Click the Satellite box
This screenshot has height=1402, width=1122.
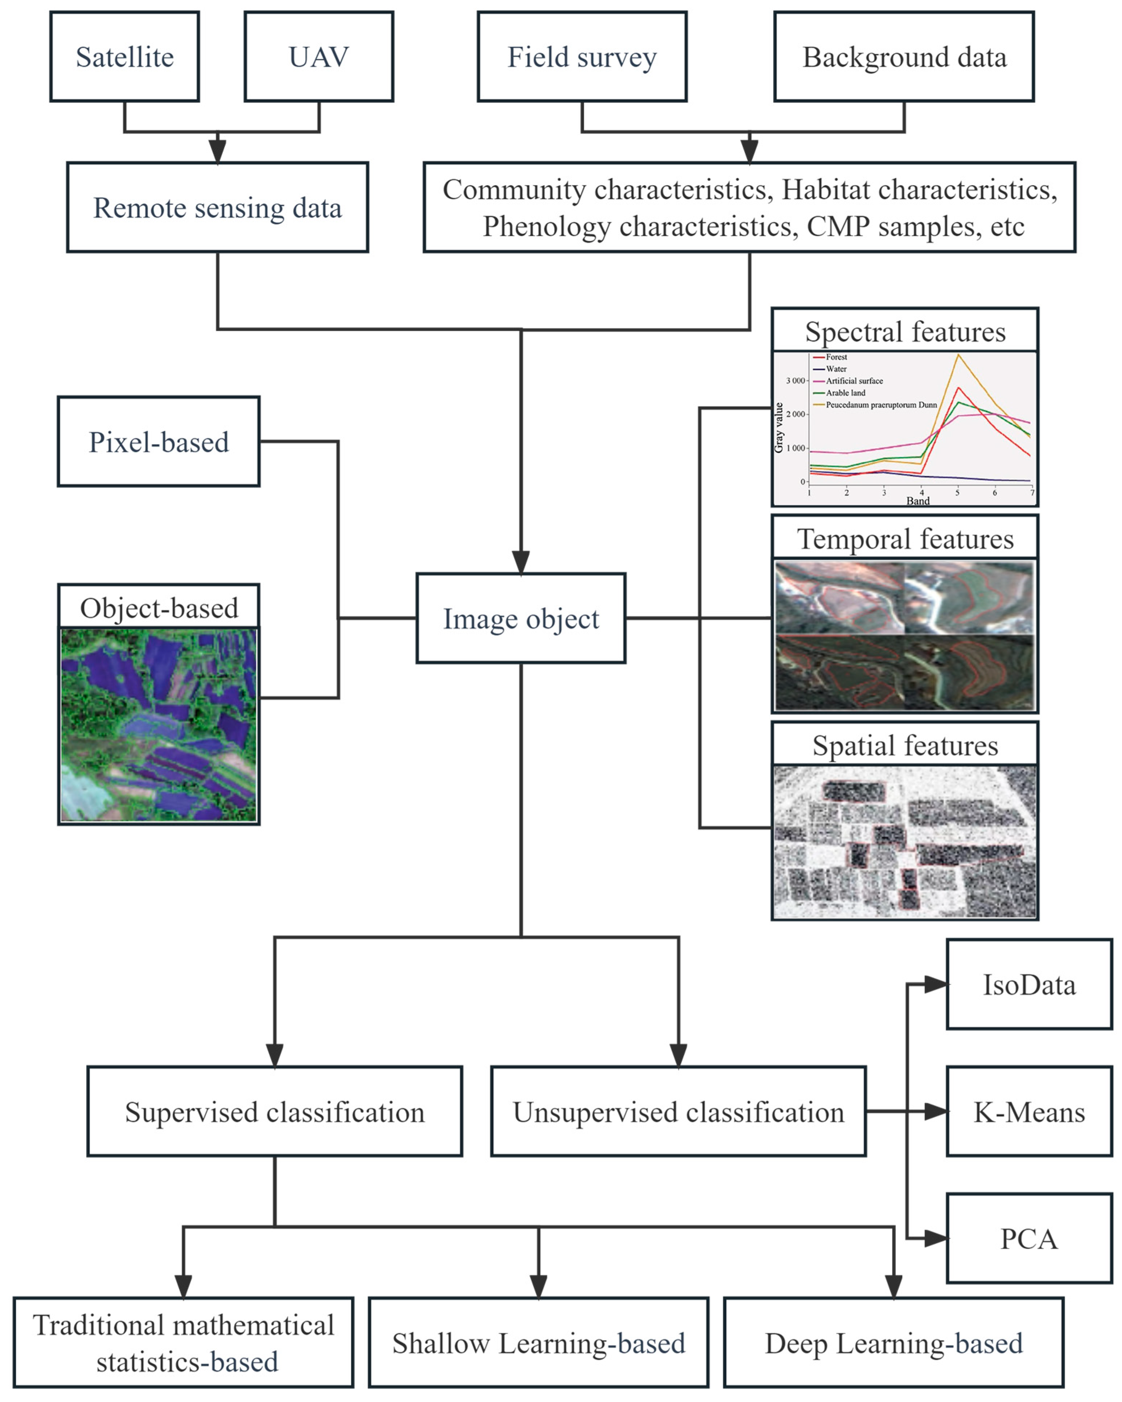coord(124,57)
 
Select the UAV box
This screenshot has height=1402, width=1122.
coord(319,57)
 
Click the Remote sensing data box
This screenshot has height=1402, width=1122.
coord(217,207)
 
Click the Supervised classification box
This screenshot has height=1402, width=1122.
coord(275,1112)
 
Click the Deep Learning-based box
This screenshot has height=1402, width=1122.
coord(893,1344)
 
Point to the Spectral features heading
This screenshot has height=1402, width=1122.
coord(905,332)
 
